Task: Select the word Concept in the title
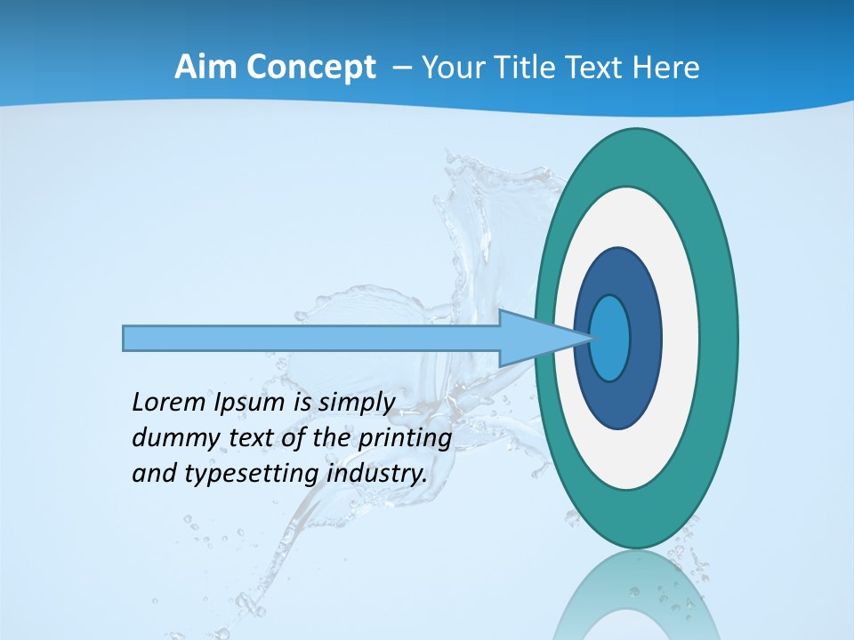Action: tap(310, 68)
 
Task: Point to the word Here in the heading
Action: tap(666, 68)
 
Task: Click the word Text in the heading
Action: tap(599, 68)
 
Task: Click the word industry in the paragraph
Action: tap(376, 474)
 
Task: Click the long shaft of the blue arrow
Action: tap(311, 338)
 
